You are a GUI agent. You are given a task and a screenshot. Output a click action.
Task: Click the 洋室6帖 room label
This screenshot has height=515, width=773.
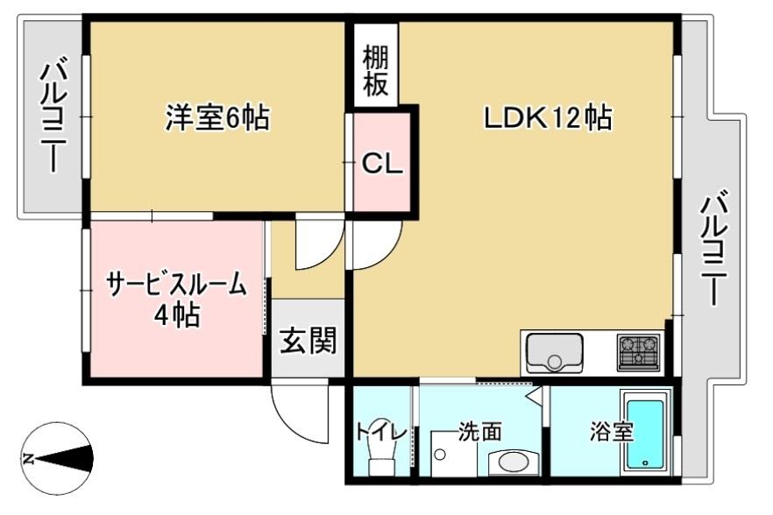tap(217, 117)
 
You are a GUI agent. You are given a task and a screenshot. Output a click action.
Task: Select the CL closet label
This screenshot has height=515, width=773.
tap(382, 164)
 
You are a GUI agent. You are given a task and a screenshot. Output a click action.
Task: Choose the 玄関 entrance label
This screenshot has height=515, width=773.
tap(308, 341)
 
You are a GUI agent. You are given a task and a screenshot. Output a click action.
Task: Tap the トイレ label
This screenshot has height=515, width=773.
tap(381, 431)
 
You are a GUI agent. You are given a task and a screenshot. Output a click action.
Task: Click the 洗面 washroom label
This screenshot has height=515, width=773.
tap(479, 431)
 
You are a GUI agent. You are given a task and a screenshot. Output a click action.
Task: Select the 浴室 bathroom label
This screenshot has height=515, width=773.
tap(611, 431)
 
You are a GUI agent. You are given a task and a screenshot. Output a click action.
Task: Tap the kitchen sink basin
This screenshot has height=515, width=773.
tap(554, 353)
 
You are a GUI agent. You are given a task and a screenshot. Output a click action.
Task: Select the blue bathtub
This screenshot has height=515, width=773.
tap(647, 434)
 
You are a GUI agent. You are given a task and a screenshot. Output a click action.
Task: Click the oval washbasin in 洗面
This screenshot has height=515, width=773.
tap(508, 461)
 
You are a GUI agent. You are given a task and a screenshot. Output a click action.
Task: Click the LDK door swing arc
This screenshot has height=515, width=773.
tap(375, 246)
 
